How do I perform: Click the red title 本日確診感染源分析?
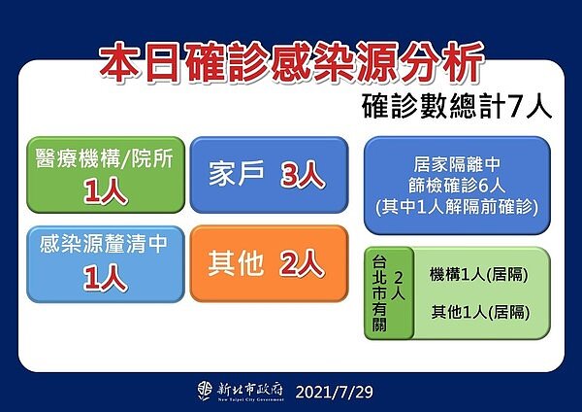291,64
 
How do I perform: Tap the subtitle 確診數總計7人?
457,106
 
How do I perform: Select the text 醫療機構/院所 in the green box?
104,159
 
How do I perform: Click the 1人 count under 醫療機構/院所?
104,191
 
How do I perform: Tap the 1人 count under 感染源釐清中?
104,278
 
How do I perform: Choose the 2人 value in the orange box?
301,263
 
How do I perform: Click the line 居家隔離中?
456,165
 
